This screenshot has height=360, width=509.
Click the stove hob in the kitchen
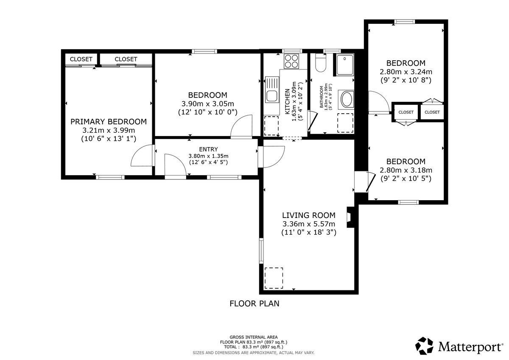tap(291, 61)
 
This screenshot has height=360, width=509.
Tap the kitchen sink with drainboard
tap(272, 89)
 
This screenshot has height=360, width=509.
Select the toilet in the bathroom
tap(321, 63)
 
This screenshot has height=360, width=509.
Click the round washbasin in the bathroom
tap(346, 100)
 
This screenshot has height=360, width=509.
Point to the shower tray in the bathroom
tap(345, 65)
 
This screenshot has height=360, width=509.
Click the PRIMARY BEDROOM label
tap(109, 122)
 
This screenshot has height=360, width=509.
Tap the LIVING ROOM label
tap(309, 215)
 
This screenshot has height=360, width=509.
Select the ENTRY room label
tap(208, 149)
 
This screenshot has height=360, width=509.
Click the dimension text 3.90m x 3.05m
tap(208, 104)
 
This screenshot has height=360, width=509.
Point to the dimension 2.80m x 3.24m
tap(406, 72)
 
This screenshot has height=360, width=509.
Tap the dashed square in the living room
tap(274, 278)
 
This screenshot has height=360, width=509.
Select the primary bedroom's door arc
tap(143, 155)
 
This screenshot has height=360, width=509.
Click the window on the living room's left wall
tap(261, 251)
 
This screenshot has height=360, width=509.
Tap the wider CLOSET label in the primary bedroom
tap(126, 59)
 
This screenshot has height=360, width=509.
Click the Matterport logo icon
tap(424, 346)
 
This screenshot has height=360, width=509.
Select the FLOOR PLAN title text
tap(254, 304)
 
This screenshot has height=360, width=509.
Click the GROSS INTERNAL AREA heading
tap(254, 337)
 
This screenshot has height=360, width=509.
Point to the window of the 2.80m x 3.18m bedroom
tap(408, 202)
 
